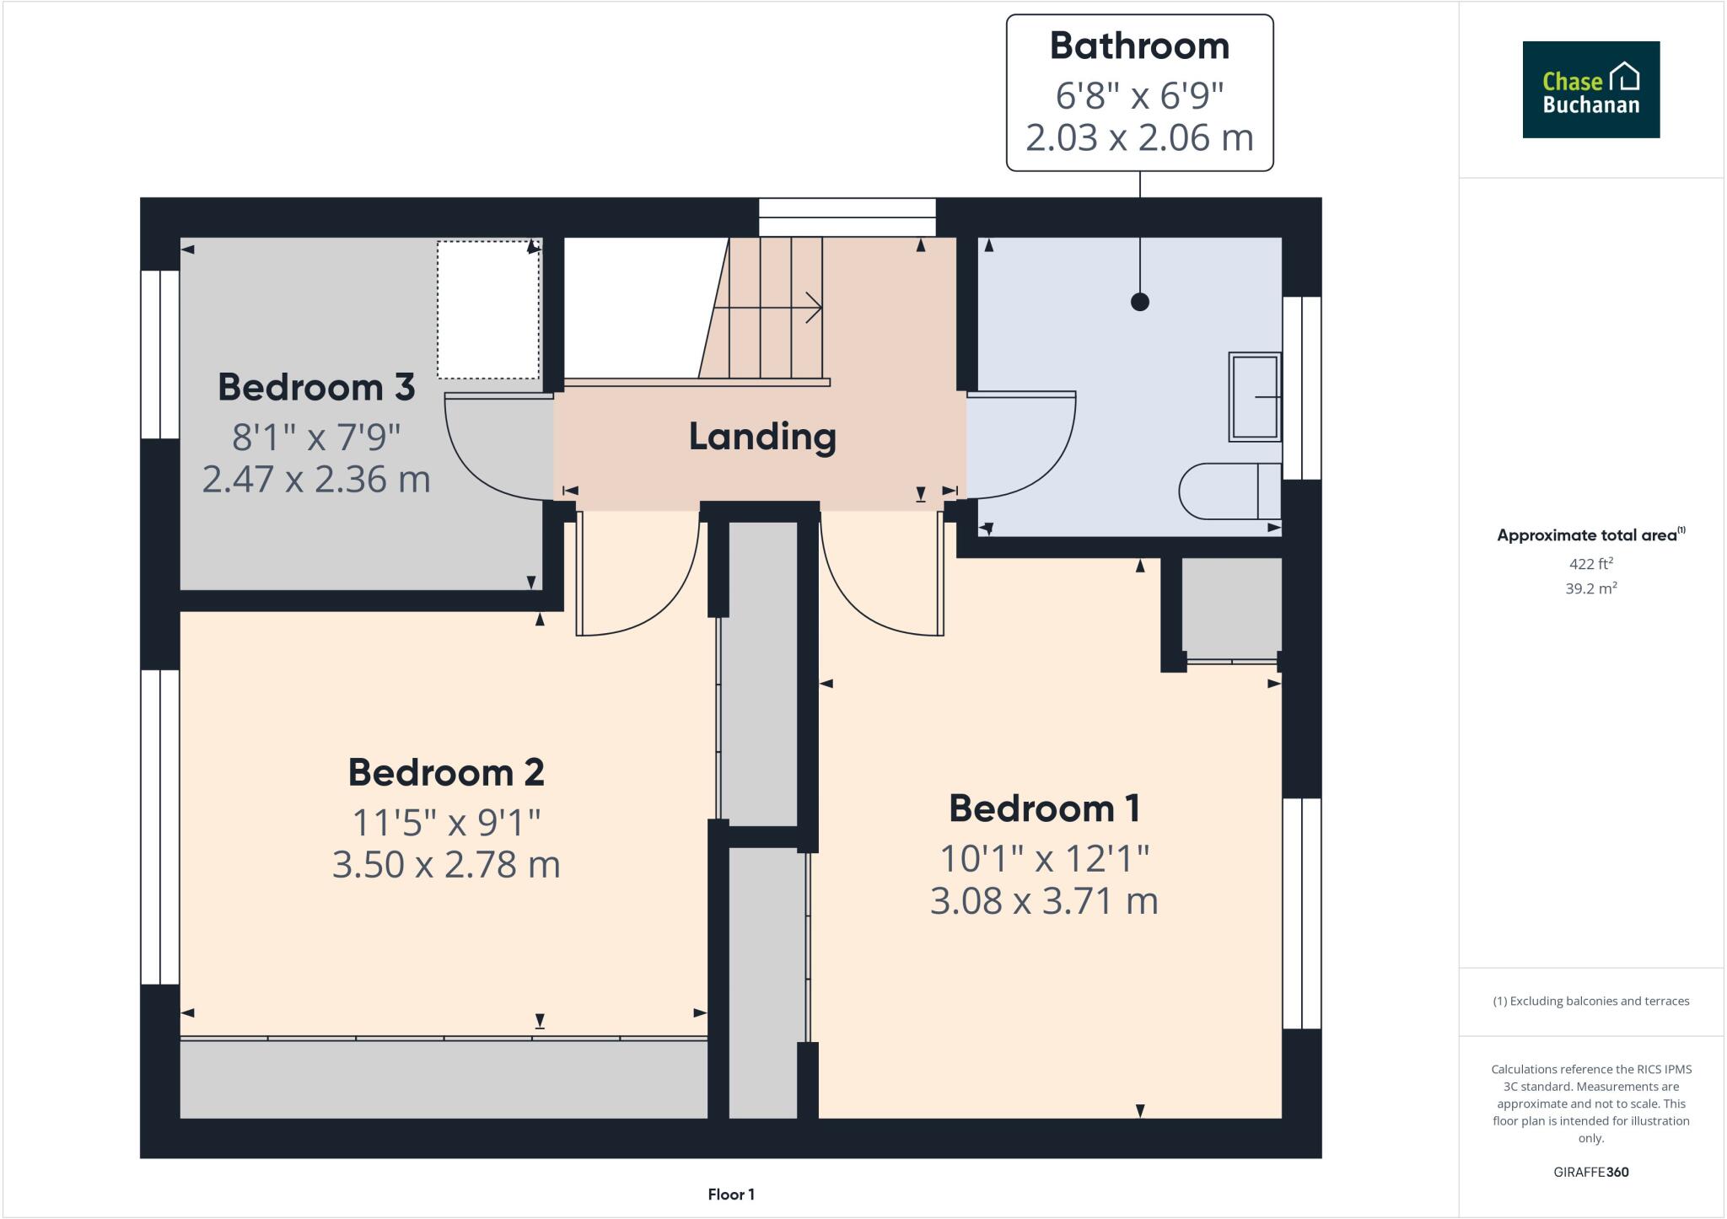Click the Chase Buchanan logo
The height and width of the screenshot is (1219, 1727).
pos(1590,89)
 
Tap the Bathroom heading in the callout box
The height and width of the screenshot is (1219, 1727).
pos(1139,46)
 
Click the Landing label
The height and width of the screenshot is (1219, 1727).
pos(762,437)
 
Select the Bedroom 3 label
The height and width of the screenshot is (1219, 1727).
pos(316,387)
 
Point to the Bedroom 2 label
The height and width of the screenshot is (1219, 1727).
pos(446,772)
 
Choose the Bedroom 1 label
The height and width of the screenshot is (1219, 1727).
pos(1044,808)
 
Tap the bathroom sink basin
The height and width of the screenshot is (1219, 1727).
pos(1255,396)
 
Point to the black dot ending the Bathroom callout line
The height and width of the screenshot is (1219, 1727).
pos(1140,302)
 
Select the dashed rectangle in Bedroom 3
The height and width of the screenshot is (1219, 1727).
pos(487,309)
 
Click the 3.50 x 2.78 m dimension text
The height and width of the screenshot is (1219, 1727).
pos(446,865)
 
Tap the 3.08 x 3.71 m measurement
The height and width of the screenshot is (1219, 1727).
pos(1044,900)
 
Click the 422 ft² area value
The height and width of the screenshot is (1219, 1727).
pos(1590,564)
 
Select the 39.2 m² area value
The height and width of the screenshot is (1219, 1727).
pos(1590,588)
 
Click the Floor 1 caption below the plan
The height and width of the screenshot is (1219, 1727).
pos(731,1195)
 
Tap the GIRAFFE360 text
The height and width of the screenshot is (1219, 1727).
pos(1590,1172)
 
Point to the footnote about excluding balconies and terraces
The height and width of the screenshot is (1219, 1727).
pos(1590,1002)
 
